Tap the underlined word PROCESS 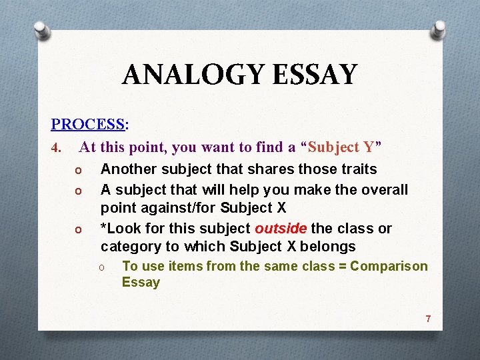click(x=88, y=124)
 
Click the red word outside click(x=280, y=229)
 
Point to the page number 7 click(x=428, y=319)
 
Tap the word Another click(x=130, y=169)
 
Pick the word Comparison click(x=389, y=266)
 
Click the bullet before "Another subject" click(x=77, y=171)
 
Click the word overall click(x=385, y=189)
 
